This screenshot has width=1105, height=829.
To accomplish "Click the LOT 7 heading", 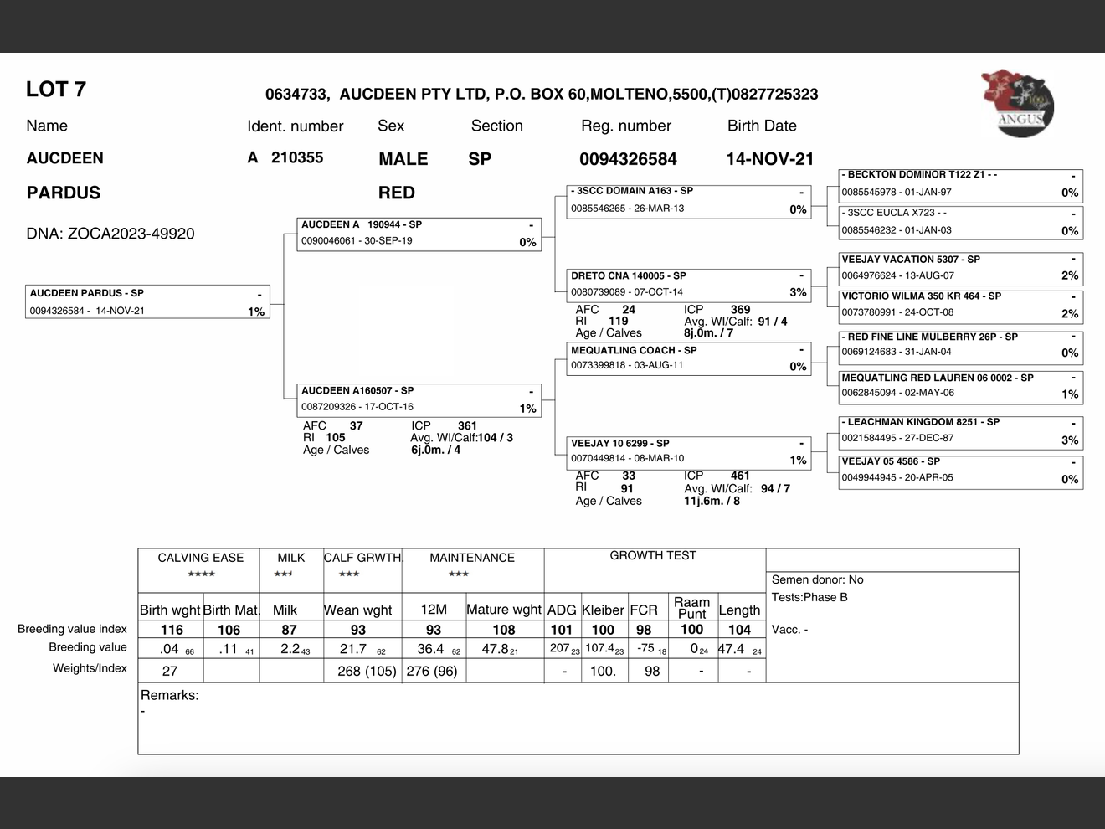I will click(56, 90).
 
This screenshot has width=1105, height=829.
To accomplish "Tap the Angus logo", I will click(1017, 104).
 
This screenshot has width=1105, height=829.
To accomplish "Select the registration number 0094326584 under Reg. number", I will click(628, 159).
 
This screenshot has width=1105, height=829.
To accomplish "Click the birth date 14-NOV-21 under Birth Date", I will click(769, 159).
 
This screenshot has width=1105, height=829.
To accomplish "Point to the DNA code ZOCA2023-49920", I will click(110, 234).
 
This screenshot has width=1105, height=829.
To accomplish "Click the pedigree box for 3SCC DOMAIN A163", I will click(688, 200).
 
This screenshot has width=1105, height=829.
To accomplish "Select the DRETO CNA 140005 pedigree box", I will click(688, 284).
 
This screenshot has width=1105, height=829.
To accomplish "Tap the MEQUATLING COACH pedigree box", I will click(688, 358).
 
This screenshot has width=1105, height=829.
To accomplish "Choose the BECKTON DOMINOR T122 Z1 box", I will click(960, 184).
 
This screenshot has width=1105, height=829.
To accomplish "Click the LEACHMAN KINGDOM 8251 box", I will click(960, 430).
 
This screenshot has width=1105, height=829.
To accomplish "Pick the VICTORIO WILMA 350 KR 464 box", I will click(960, 305).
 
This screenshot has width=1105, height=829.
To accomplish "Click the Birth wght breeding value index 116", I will click(172, 630).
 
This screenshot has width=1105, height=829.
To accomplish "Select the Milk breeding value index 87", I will click(289, 630).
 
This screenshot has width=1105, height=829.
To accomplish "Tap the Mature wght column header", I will click(504, 610).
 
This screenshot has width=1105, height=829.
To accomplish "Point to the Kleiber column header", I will click(603, 610).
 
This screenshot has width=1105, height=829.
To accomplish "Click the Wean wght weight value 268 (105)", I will click(367, 671).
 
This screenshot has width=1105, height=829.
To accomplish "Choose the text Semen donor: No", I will click(817, 579).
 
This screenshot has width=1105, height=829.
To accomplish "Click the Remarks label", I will click(170, 695).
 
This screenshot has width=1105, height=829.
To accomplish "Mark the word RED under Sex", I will click(396, 193).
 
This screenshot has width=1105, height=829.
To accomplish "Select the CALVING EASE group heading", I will click(201, 558).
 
